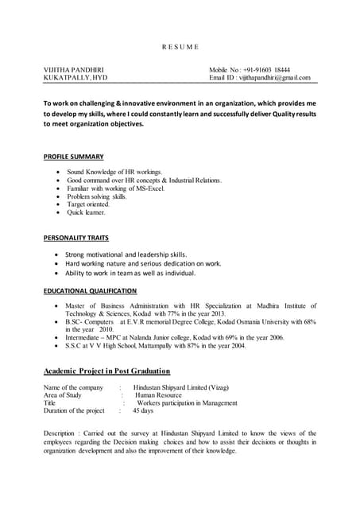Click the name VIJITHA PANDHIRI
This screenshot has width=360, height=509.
click(x=73, y=69)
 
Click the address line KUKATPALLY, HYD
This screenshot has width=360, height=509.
click(x=73, y=78)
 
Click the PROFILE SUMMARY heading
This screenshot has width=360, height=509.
click(x=73, y=157)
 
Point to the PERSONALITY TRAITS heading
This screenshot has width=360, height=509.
click(x=75, y=238)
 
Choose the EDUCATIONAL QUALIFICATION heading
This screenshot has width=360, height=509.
click(x=90, y=291)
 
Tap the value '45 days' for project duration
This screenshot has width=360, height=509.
click(x=143, y=411)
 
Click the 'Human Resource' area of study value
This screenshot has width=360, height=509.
click(x=158, y=395)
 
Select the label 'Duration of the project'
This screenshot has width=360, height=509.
click(x=74, y=411)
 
